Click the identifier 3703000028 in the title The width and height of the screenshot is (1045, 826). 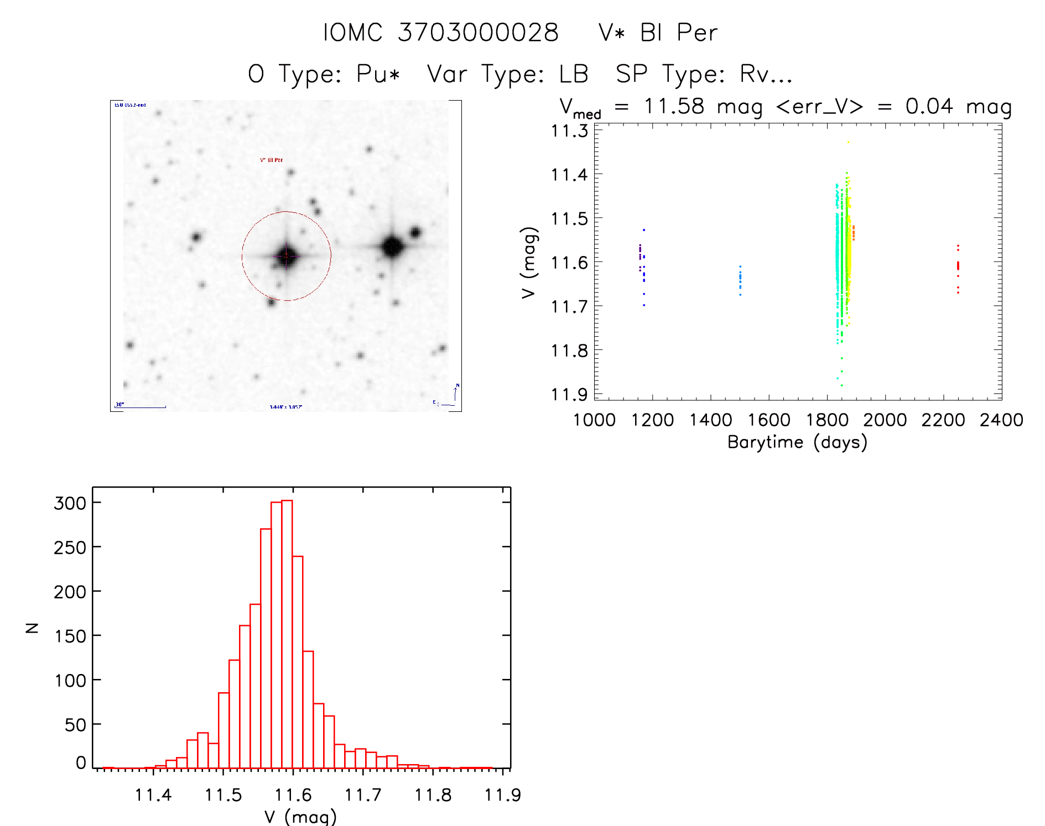[x=478, y=33]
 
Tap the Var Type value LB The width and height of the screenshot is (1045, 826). [x=573, y=74]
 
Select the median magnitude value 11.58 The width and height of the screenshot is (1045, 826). [x=674, y=106]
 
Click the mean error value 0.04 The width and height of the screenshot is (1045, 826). [x=929, y=106]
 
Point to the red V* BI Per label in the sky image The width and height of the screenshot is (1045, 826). [x=271, y=160]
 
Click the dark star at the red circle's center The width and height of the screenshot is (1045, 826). [x=286, y=256]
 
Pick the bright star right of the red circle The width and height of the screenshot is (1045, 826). [x=392, y=247]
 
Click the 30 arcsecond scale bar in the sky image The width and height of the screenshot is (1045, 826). [x=141, y=407]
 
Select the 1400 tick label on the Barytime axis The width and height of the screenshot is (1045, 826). [x=710, y=420]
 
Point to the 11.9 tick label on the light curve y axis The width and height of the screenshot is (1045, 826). [x=569, y=394]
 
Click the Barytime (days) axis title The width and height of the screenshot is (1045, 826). [x=797, y=442]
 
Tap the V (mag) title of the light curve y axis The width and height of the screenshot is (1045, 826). [x=529, y=263]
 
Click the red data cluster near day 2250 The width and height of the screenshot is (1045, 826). [x=958, y=268]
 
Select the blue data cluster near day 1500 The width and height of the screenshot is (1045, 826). [x=740, y=280]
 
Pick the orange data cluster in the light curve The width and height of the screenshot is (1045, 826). [x=854, y=233]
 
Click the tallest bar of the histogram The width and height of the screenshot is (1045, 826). [x=287, y=634]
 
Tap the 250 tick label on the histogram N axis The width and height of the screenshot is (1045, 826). [x=70, y=547]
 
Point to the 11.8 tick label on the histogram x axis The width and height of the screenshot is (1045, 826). [x=433, y=795]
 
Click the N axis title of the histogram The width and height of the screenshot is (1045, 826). [x=32, y=628]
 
